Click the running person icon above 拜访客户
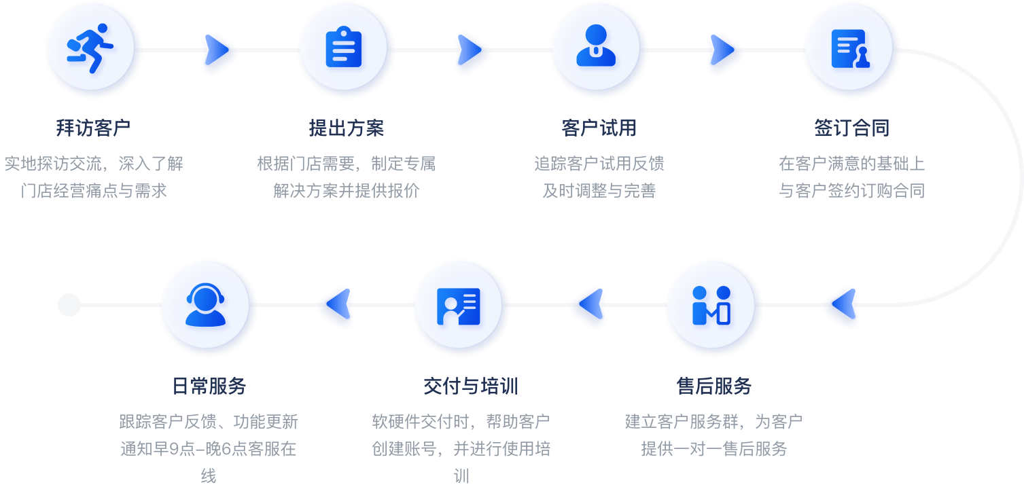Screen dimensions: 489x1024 tap(93, 50)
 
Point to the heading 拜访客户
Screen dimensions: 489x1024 tap(93, 128)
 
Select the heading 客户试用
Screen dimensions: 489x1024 tap(599, 128)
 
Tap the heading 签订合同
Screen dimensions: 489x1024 tap(851, 128)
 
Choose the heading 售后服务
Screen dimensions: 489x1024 tap(713, 386)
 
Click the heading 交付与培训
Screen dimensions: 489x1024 tap(470, 386)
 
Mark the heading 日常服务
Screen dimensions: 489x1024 tap(209, 386)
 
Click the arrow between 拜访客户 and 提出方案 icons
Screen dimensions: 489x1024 tap(217, 50)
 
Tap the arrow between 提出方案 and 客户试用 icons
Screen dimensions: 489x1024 tap(470, 50)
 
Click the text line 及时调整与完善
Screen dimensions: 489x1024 tap(599, 191)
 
